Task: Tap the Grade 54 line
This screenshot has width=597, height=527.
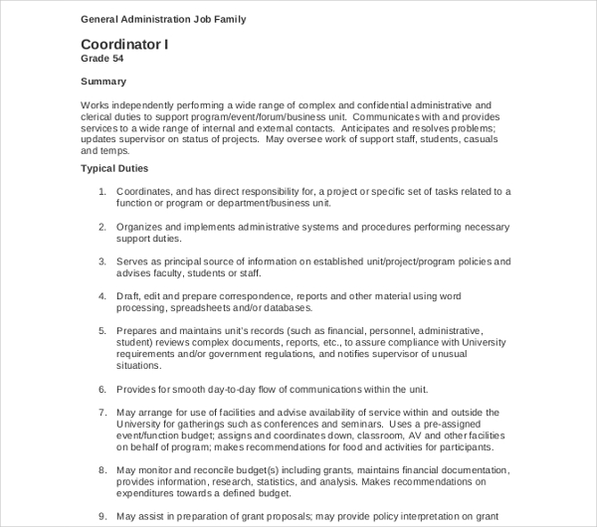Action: click(x=102, y=60)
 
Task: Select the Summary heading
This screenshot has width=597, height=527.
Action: click(x=104, y=82)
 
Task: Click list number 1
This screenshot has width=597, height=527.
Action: click(x=102, y=191)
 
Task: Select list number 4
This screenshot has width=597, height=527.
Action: click(x=102, y=296)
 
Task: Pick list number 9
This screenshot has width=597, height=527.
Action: click(x=102, y=515)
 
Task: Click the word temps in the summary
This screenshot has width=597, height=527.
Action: click(x=112, y=151)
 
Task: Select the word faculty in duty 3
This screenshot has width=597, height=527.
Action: click(x=169, y=272)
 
